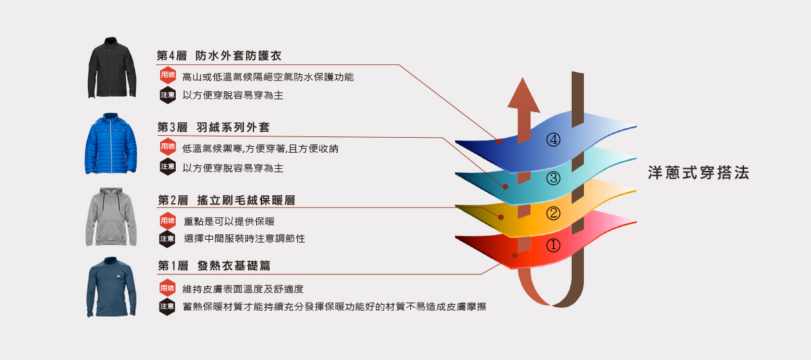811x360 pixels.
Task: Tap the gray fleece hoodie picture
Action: [x=112, y=217]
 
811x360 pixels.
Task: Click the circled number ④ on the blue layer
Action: [x=554, y=140]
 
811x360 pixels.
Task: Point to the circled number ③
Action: [x=554, y=178]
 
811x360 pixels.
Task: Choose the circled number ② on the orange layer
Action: [x=554, y=213]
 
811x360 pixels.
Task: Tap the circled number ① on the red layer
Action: [x=554, y=246]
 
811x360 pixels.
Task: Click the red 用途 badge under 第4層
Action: [x=168, y=76]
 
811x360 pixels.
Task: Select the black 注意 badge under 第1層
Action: [x=167, y=307]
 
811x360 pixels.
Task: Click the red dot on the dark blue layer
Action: [x=499, y=142]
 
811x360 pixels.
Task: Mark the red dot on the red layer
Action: [x=515, y=255]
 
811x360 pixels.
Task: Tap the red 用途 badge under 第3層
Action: [x=168, y=147]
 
